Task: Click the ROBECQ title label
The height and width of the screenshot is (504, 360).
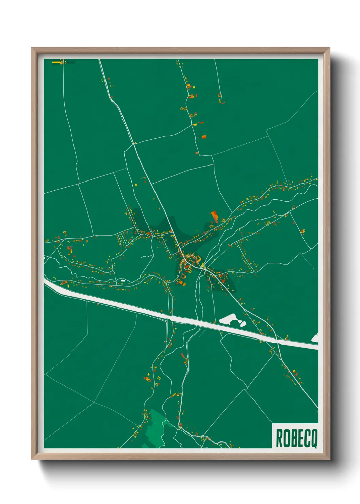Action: (296, 439)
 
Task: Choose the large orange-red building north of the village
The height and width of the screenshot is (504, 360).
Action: (215, 217)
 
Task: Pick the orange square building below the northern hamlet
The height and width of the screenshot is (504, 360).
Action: (204, 137)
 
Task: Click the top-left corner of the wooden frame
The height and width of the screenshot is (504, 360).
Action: (32, 48)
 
